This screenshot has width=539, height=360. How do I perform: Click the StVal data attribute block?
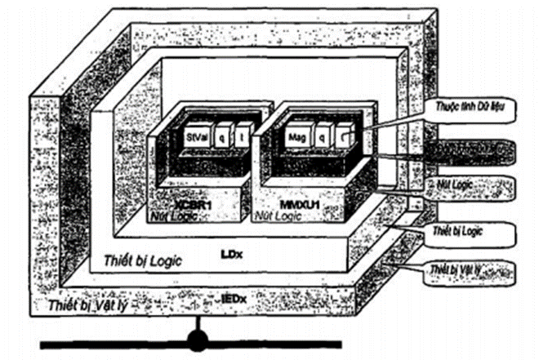(195, 138)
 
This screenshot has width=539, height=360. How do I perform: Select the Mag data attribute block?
(296, 138)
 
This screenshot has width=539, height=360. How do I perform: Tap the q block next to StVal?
(220, 138)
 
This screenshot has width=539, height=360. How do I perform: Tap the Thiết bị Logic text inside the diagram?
(143, 260)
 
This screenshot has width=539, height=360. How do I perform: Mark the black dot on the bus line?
(196, 339)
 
